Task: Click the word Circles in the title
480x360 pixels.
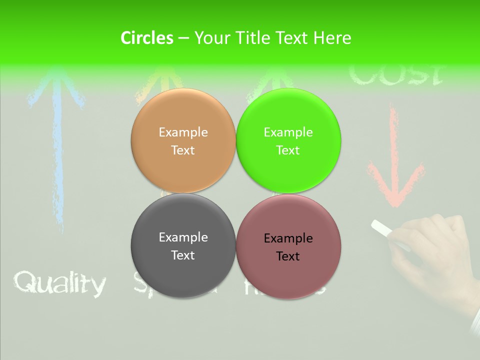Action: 146,38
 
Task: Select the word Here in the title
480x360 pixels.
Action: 332,38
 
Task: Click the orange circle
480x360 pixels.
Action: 183,140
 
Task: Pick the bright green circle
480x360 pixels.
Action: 288,140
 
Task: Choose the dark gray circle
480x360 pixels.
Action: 183,245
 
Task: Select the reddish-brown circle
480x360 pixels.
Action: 288,246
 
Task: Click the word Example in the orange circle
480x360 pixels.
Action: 183,132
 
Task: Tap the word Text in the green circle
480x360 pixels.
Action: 288,150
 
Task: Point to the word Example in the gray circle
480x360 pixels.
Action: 183,237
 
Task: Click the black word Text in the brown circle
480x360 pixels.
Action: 288,256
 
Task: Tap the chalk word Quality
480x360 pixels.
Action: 60,283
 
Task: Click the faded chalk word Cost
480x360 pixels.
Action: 395,74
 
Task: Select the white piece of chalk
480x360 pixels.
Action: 383,228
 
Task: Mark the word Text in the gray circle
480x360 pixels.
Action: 183,255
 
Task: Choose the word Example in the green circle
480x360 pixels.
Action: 288,132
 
